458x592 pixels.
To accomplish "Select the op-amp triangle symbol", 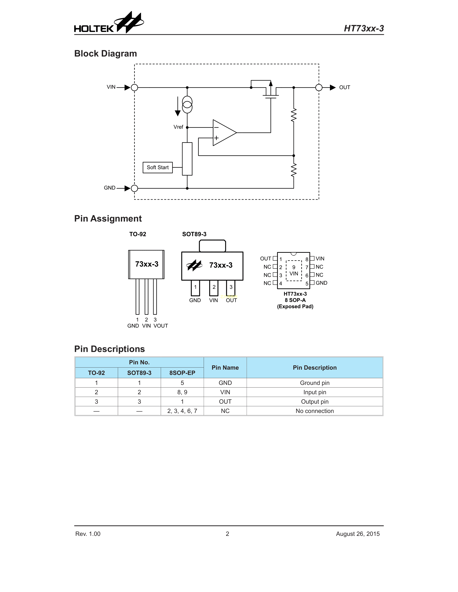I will (223, 133).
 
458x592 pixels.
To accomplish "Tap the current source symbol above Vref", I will (187, 105).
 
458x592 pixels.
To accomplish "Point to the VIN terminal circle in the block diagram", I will (134, 88).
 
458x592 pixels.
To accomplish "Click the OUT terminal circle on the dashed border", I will (319, 88).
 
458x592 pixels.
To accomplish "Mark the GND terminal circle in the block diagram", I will (134, 188).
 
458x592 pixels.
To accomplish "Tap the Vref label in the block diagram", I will (178, 127).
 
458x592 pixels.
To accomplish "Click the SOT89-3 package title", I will (194, 234).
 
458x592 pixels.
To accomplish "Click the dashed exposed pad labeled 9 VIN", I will (294, 271).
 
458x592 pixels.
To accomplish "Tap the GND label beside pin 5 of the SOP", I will (321, 283).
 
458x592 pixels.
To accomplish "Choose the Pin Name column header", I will (225, 368).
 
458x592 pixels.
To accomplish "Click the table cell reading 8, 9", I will (182, 392).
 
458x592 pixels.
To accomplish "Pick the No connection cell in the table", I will (315, 411).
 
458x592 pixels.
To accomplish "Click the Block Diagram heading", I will (106, 54).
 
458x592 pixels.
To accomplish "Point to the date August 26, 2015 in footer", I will (358, 534).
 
